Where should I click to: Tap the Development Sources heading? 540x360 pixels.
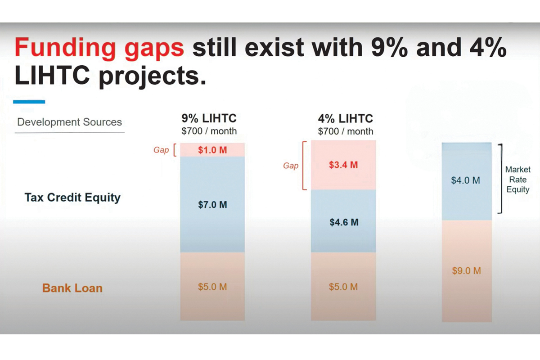(69, 122)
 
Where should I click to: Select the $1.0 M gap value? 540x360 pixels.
(212, 150)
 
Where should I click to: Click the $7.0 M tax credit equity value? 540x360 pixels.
(212, 205)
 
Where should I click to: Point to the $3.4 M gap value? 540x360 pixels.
(343, 165)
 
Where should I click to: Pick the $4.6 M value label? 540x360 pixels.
(344, 222)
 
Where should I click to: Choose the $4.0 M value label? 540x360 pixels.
(466, 180)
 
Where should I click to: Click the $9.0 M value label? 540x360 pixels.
(466, 271)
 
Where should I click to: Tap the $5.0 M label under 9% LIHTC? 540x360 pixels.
(212, 287)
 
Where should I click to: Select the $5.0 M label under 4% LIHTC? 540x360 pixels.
(343, 287)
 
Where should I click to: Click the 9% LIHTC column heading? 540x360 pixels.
(209, 119)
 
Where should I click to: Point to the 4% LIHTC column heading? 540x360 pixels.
(345, 119)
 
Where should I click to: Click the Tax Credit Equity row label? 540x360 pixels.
(72, 197)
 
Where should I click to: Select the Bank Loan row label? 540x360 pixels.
(72, 288)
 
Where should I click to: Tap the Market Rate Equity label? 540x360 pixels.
(517, 180)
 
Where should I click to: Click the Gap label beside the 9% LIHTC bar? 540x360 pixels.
(161, 150)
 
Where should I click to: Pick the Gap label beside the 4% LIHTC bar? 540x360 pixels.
(291, 166)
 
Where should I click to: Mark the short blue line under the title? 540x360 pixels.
(29, 102)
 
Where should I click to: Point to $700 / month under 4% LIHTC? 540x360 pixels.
(345, 131)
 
